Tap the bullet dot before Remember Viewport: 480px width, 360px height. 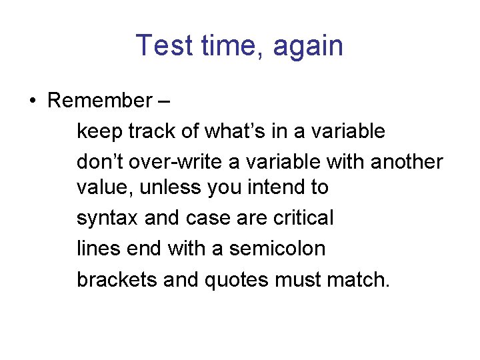tap(31, 101)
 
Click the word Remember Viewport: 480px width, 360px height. tap(100, 101)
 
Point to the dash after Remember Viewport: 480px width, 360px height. tap(164, 101)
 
